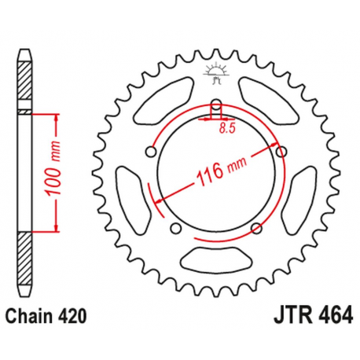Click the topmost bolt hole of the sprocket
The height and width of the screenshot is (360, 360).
(x=216, y=104)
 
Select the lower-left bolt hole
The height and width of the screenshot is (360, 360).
(x=175, y=229)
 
